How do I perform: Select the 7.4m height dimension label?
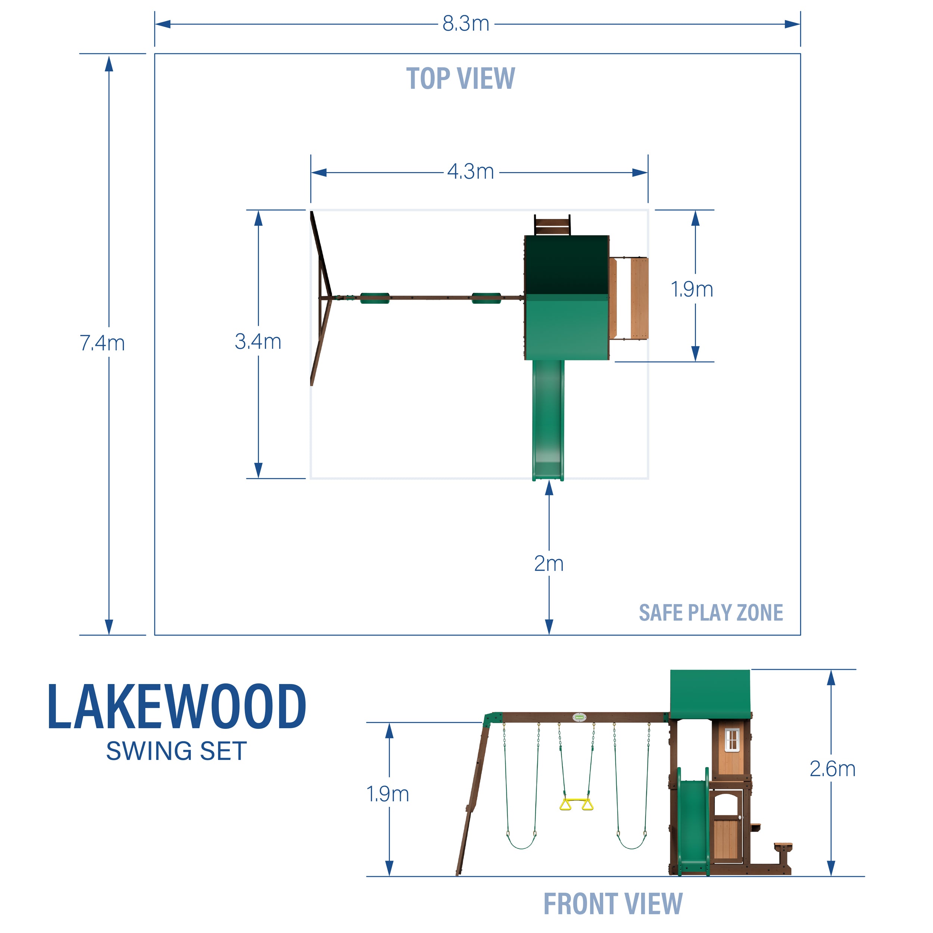coord(102,343)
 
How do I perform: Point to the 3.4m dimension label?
coord(258,342)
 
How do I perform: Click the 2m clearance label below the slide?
coord(549,564)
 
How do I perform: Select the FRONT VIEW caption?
coord(613,904)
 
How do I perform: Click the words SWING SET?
coord(177,751)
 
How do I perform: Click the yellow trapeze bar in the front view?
coord(576,805)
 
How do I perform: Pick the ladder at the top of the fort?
coord(552,225)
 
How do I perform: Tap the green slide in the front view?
coord(693,821)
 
